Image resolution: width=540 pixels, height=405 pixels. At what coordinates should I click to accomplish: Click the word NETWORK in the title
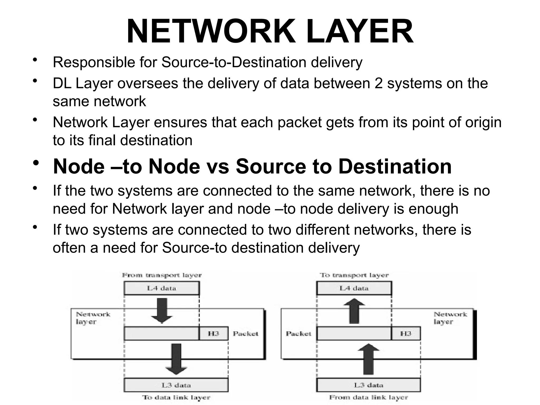pos(211,32)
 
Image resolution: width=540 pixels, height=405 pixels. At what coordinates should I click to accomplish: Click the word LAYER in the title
pos(360,32)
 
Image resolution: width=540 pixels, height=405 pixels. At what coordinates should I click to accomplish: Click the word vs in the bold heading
pos(218,167)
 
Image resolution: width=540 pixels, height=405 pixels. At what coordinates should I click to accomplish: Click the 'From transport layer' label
pos(162,275)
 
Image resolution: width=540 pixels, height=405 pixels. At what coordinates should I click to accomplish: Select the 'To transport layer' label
pos(354,275)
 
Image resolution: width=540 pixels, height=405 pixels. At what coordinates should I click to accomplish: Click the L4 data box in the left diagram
pos(162,288)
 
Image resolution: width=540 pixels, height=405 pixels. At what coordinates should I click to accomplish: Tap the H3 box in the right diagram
pos(406,334)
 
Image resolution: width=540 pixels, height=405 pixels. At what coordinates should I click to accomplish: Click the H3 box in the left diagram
pos(213,334)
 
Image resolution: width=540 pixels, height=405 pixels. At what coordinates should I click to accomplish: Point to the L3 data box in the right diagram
pos(368,385)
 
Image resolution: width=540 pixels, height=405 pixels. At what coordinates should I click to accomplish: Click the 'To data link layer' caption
pos(176,397)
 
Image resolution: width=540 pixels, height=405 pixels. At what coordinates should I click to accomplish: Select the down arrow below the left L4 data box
pos(162,310)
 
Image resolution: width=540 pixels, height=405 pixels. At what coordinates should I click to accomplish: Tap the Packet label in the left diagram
pos(245,334)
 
